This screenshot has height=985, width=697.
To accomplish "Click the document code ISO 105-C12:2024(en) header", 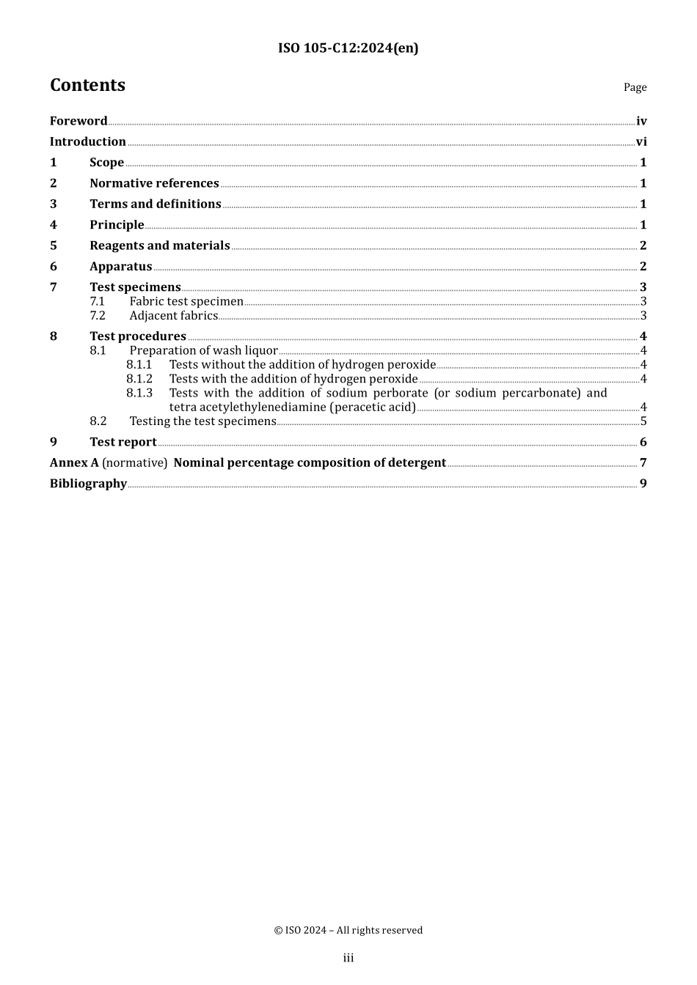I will [x=348, y=48].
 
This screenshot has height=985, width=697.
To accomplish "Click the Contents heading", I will [x=87, y=85].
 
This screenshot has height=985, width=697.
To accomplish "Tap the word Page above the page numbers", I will [x=635, y=87].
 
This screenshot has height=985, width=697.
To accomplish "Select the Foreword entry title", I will [x=79, y=121].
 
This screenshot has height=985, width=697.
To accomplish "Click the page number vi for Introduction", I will [x=641, y=142].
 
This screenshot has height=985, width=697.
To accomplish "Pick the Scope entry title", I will [x=106, y=163].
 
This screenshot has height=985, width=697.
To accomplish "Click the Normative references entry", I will [x=154, y=183].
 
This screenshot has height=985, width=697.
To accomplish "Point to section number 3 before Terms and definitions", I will [x=54, y=204].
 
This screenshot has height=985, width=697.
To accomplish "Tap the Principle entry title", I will [x=117, y=225].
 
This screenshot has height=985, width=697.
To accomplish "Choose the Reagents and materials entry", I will [x=159, y=246].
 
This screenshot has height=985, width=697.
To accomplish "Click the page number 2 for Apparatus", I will [x=643, y=267].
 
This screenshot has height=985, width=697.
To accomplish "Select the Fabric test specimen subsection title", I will [x=186, y=301].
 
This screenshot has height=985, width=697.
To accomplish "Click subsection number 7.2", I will [x=98, y=316].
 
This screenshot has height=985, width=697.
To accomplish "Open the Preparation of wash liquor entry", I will [x=203, y=350].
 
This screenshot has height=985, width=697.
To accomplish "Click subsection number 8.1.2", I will [x=139, y=379].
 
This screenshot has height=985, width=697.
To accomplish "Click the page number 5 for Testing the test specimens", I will [x=643, y=421].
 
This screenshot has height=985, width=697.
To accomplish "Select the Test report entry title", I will [x=123, y=442].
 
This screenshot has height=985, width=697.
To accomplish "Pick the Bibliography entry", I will [x=88, y=484].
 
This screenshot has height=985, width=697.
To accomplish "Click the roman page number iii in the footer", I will [x=348, y=958].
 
